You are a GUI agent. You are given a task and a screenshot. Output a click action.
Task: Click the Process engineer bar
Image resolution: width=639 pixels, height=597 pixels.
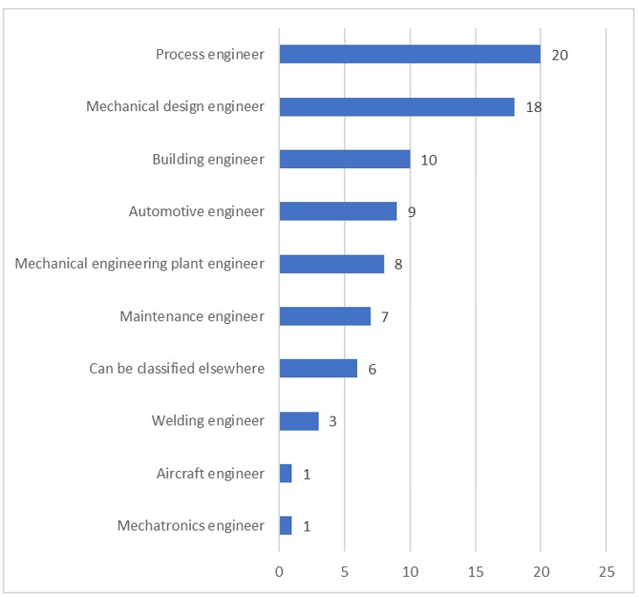(410, 54)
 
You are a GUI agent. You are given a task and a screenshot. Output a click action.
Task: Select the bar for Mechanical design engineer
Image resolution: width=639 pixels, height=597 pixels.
(397, 107)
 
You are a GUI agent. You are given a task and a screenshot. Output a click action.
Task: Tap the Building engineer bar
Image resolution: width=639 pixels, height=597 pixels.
(345, 159)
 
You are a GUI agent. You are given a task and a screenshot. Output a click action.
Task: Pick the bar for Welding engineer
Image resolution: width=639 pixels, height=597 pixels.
(298, 421)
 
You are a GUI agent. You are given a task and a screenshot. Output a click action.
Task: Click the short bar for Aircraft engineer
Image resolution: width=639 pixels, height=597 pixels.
(285, 474)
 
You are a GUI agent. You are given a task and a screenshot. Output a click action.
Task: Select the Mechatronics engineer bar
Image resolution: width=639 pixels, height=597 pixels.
(285, 526)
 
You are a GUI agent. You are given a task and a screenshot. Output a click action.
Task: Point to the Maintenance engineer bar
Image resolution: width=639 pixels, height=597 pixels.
(325, 316)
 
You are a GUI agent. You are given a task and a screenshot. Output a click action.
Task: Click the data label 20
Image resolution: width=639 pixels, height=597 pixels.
(560, 55)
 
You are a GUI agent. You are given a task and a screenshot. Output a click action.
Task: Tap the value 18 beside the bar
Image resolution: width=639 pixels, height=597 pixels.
(534, 108)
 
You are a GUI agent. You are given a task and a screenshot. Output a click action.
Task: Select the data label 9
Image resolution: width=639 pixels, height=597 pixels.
(411, 212)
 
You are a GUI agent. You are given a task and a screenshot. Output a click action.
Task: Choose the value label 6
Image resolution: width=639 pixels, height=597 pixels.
(372, 369)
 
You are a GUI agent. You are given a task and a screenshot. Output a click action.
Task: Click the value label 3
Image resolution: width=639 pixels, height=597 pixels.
(333, 422)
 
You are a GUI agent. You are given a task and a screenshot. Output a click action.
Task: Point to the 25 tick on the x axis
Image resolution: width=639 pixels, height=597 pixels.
(607, 572)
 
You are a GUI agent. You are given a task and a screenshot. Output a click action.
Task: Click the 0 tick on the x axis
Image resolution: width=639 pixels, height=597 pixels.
(279, 572)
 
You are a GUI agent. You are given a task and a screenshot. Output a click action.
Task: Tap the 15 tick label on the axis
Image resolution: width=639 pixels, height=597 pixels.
(475, 572)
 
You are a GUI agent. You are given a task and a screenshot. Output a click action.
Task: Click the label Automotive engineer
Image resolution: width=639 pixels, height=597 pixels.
(196, 211)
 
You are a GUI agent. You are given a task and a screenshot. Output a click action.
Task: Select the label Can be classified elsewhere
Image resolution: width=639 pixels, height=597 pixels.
(177, 369)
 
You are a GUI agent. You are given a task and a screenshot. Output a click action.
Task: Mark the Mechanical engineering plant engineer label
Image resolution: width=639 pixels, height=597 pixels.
(140, 263)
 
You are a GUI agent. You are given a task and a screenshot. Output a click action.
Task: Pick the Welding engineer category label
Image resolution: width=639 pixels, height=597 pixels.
(207, 421)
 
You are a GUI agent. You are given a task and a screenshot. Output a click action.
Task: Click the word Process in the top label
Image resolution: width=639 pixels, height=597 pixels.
(179, 54)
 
